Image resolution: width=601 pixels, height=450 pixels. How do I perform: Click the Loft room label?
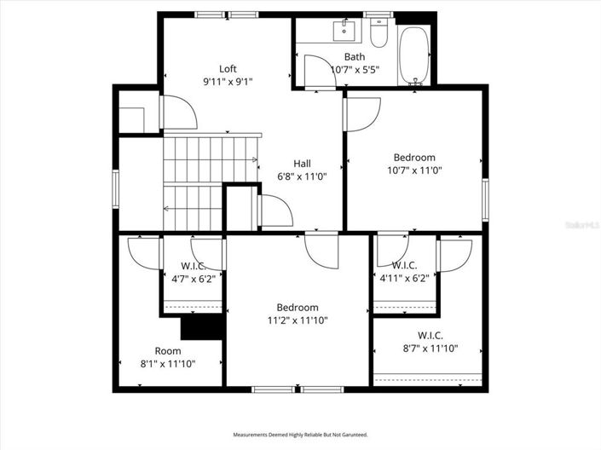228,69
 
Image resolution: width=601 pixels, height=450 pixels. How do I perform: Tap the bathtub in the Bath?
415,55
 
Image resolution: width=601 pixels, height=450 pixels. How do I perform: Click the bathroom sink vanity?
346,32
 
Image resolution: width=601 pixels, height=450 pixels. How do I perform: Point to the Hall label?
302,164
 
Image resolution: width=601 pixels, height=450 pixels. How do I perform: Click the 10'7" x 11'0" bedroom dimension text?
414,170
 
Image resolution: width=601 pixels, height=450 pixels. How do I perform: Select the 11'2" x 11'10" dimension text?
298,320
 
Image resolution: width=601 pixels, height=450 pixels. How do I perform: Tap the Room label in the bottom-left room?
168,351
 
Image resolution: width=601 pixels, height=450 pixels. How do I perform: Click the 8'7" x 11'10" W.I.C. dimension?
431,348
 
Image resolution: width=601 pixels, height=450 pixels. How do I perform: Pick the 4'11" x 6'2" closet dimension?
404,278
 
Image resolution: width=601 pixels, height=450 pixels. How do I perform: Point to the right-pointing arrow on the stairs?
254,159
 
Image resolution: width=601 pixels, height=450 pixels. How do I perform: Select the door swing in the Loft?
179,112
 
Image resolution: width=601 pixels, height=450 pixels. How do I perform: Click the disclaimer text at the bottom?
300,436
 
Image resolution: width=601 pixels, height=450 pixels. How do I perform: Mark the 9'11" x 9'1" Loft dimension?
228,82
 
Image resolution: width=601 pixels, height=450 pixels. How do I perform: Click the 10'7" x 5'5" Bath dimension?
355,70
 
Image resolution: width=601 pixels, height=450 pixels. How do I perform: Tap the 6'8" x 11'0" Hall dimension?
302,176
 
